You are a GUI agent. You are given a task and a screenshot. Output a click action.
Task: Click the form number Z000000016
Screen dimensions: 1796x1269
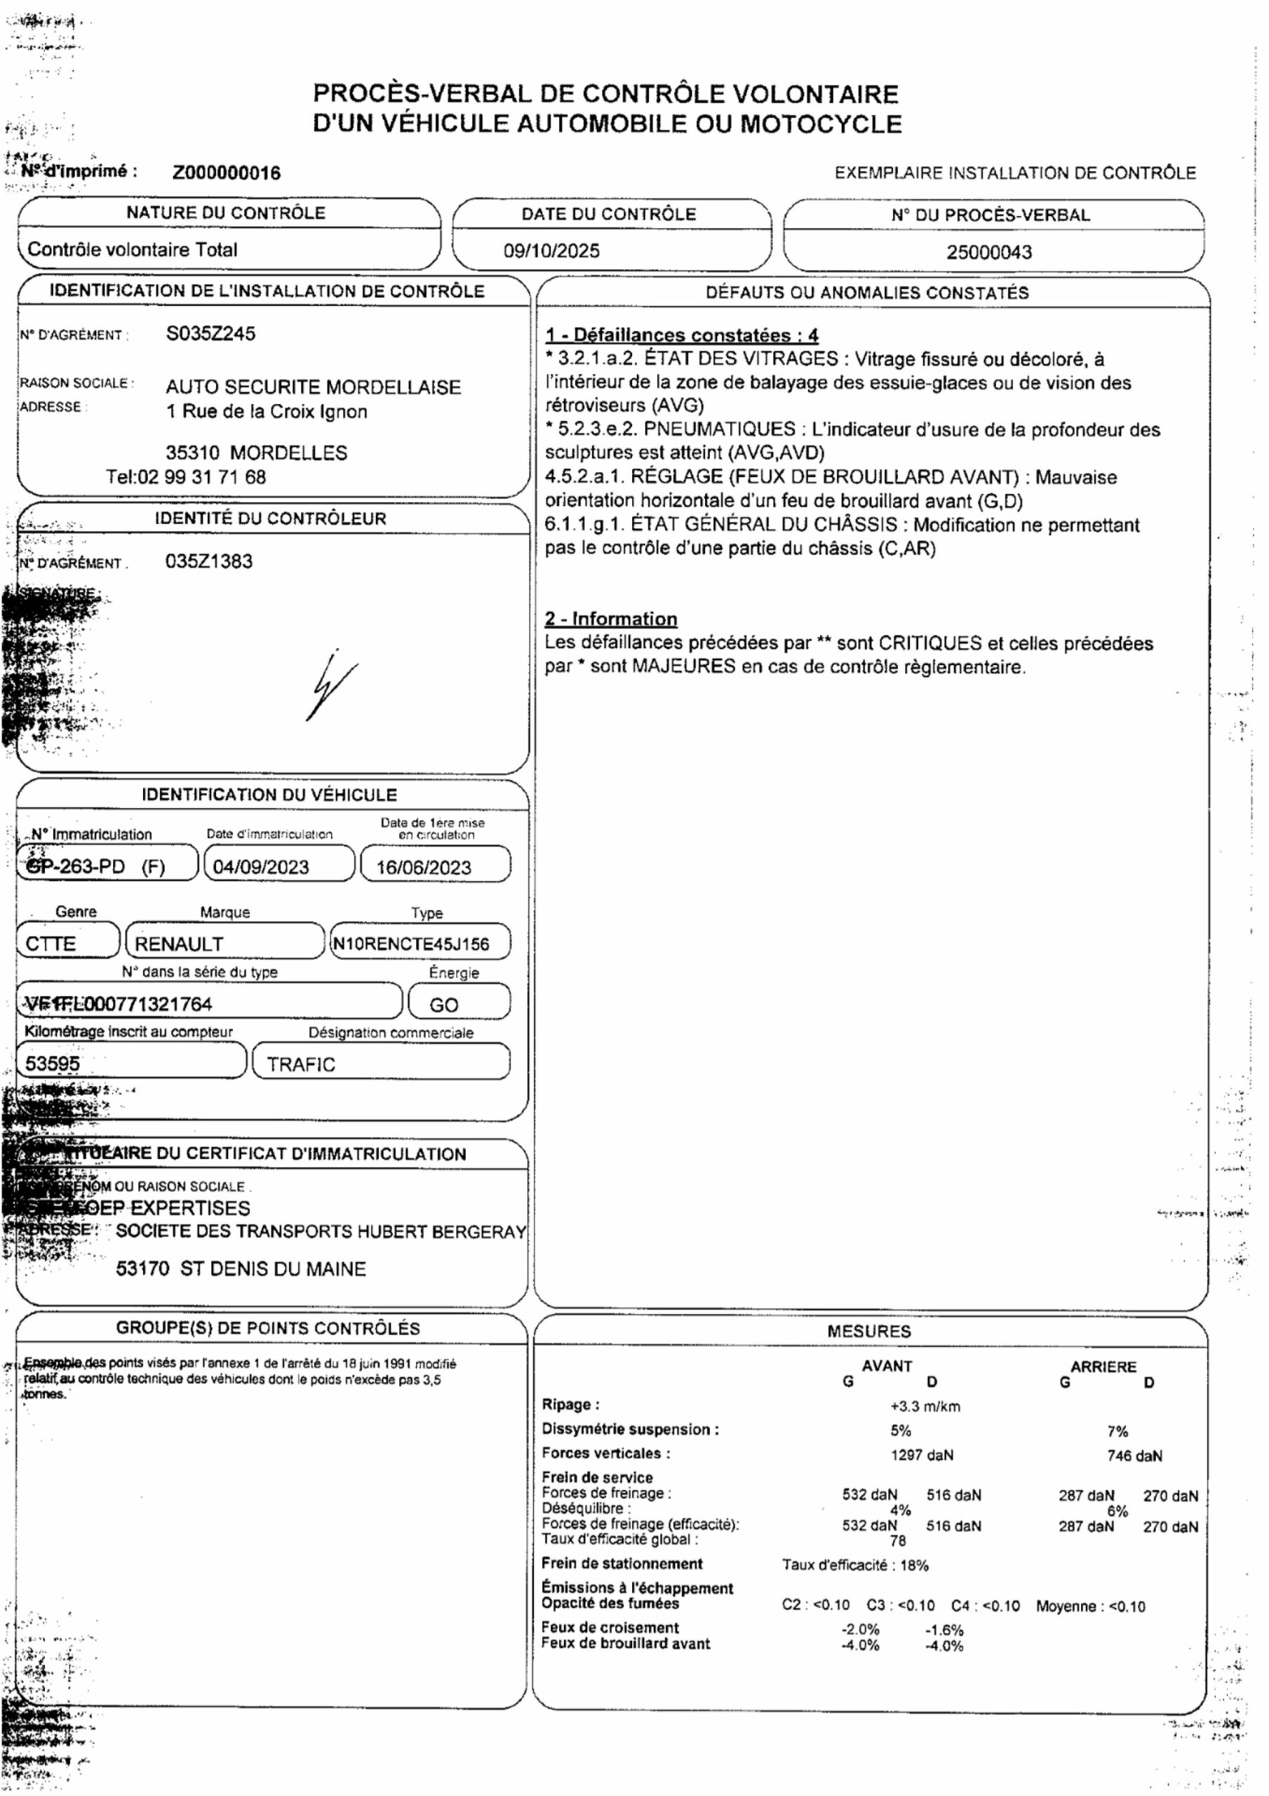pos(226,173)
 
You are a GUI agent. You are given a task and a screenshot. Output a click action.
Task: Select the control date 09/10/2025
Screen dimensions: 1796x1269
pos(551,251)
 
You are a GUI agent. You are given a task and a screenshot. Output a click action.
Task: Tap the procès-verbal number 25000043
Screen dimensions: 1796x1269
pos(989,252)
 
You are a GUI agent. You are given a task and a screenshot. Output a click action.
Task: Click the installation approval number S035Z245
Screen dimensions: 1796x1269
pos(210,334)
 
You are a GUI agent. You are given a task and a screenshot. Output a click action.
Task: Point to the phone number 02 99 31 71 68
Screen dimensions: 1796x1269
pos(201,477)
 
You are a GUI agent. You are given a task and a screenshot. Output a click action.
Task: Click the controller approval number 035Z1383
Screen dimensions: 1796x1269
pos(209,562)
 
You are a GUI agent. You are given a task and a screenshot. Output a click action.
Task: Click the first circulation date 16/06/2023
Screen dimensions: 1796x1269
pos(423,868)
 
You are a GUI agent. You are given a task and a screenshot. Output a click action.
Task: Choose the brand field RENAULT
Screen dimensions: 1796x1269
pos(179,944)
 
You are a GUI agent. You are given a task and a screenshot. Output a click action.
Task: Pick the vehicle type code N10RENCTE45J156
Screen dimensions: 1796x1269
pos(411,944)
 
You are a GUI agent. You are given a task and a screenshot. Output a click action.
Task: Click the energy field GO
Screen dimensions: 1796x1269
pos(443,1005)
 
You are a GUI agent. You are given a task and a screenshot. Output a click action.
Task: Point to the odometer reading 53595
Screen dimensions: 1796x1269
pos(53,1064)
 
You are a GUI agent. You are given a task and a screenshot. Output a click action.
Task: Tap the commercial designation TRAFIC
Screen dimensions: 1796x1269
pos(300,1064)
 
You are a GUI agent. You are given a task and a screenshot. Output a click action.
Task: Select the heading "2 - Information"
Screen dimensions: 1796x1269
pos(611,619)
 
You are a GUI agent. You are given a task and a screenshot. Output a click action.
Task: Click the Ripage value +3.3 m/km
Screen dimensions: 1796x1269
pos(925,1407)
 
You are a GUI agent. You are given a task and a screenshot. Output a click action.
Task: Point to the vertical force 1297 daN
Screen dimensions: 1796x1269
pos(922,1455)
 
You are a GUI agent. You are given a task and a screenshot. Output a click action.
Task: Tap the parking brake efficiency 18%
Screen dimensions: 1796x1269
pos(914,1565)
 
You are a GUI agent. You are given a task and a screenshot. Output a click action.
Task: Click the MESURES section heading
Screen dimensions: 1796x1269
pos(868,1332)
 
